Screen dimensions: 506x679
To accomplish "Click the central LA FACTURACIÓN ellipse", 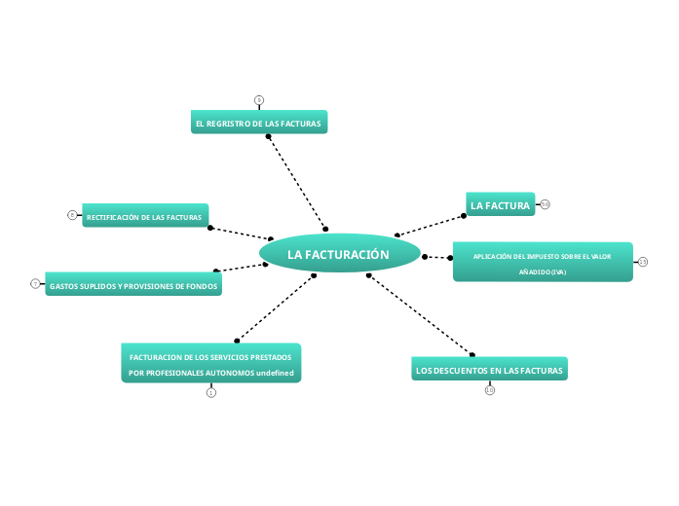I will click(x=339, y=254).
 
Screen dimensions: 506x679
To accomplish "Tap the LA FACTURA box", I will click(x=500, y=205).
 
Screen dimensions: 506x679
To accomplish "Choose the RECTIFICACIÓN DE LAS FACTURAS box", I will click(x=144, y=216).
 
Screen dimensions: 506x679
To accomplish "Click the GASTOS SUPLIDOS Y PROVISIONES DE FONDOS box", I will click(x=133, y=285).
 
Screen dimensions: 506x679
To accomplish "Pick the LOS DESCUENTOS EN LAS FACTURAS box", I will click(x=489, y=370).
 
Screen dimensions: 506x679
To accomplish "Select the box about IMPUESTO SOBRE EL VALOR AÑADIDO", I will click(x=543, y=263).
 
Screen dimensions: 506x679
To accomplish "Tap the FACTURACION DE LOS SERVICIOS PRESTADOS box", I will click(x=210, y=363).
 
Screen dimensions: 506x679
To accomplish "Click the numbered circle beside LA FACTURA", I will click(x=546, y=204).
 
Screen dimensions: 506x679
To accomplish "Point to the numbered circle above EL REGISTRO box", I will click(x=259, y=99).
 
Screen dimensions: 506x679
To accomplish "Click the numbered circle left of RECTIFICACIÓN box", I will click(x=72, y=215).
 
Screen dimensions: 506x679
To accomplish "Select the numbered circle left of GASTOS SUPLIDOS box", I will click(x=35, y=284).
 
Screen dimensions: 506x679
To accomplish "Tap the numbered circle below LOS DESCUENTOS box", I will click(x=490, y=390).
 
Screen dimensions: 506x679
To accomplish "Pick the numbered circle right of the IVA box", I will click(x=643, y=262).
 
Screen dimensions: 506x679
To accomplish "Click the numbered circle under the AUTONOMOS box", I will click(x=211, y=392).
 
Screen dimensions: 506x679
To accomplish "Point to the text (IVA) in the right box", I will click(x=556, y=272).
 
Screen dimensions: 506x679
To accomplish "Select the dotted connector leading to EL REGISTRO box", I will click(x=296, y=182).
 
